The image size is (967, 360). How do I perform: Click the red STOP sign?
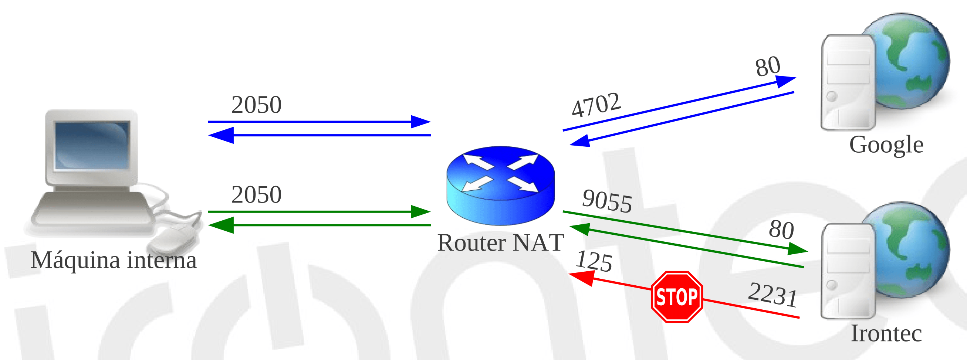[676, 296]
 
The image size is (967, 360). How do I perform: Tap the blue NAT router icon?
[500, 186]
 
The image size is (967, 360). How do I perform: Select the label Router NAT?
[500, 242]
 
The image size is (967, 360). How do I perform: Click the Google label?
[886, 145]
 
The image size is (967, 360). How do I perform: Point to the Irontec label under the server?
[886, 333]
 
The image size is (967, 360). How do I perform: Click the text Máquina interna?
[114, 260]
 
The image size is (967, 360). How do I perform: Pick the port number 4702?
[596, 104]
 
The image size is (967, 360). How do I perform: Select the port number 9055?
[606, 201]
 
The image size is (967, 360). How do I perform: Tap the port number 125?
[594, 261]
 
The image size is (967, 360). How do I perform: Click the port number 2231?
[772, 295]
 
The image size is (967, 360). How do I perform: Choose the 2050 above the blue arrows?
[256, 105]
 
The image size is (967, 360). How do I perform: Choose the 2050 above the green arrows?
[256, 195]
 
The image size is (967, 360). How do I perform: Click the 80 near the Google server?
[768, 67]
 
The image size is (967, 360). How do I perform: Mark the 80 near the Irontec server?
[781, 230]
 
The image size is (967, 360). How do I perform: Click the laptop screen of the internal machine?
[92, 145]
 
